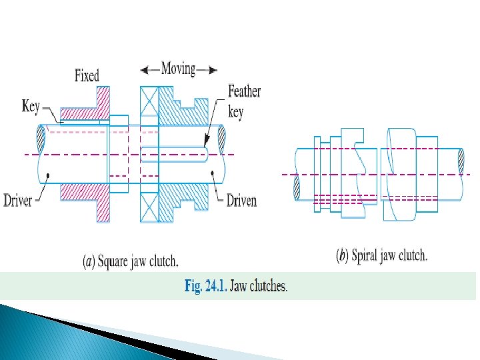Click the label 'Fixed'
87,76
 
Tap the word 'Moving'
178,68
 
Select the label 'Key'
31,106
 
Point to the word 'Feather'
244,91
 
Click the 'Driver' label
18,199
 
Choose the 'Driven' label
241,199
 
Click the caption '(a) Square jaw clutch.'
131,262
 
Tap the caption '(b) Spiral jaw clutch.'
382,255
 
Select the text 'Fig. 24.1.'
205,287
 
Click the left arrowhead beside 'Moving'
145,69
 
